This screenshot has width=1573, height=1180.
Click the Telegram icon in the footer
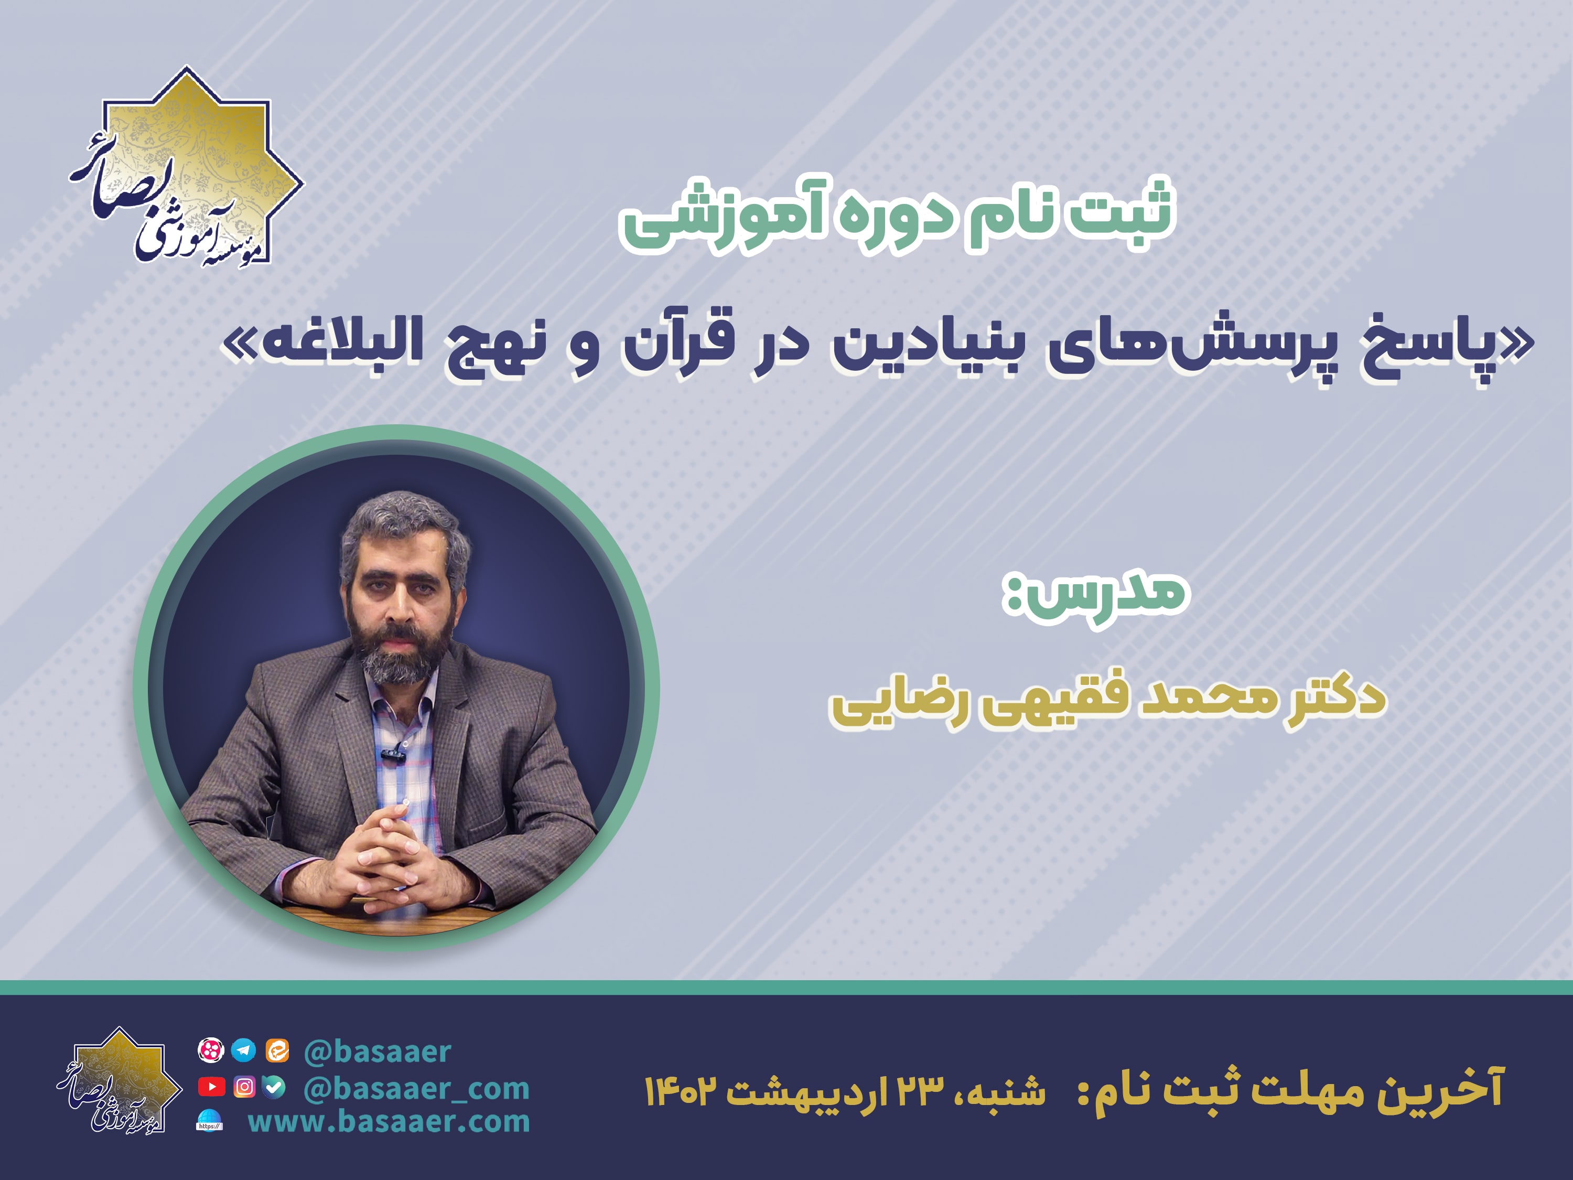point(244,1050)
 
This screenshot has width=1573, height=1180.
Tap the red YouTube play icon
point(211,1086)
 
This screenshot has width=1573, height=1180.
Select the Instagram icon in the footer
point(244,1087)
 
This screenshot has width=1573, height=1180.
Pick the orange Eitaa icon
point(277,1050)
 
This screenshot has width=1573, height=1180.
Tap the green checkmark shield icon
point(275,1086)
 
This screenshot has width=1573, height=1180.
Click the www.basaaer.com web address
point(389,1122)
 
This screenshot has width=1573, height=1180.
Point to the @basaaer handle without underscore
point(378,1052)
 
